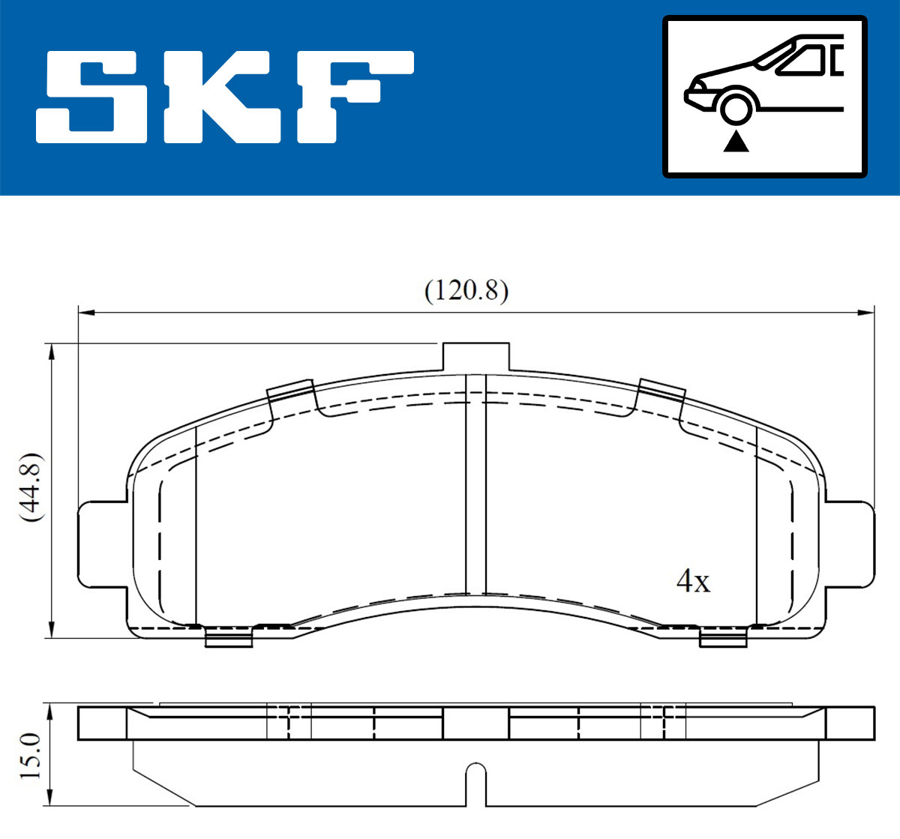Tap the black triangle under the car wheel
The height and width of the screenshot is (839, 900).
coord(736,141)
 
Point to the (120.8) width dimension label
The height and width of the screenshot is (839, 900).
coord(466,290)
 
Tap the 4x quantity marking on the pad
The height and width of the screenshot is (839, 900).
coord(693,581)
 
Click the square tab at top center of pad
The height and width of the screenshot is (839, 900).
coord(476,357)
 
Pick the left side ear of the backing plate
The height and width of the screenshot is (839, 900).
coord(101,544)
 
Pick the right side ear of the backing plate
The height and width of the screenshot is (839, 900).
coord(850,544)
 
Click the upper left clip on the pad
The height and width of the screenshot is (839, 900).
coord(290,389)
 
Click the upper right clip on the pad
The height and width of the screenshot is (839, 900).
coord(662,389)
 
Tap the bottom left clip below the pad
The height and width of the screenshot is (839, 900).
coord(227,639)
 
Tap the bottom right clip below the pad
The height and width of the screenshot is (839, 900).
coord(723,639)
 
